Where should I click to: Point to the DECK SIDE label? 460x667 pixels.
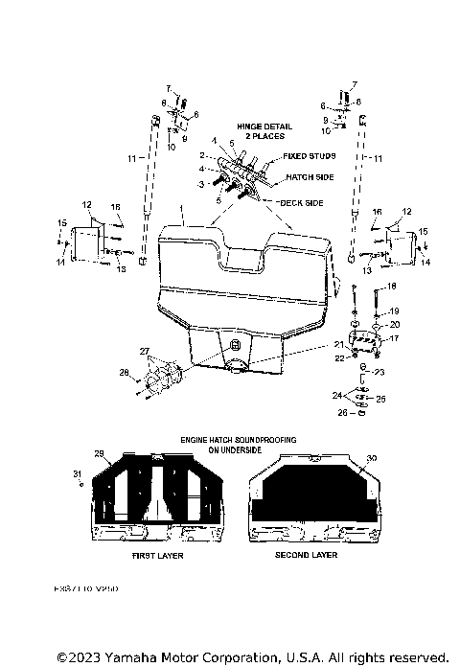click(x=300, y=203)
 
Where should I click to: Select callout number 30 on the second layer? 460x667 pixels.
click(x=372, y=458)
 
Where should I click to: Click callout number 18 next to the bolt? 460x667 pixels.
click(x=391, y=287)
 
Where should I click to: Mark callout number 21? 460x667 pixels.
click(x=337, y=344)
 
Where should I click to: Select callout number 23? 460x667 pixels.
click(x=381, y=374)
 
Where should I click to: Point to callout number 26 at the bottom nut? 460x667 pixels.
click(x=343, y=414)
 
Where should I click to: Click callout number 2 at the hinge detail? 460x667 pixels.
click(x=202, y=155)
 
